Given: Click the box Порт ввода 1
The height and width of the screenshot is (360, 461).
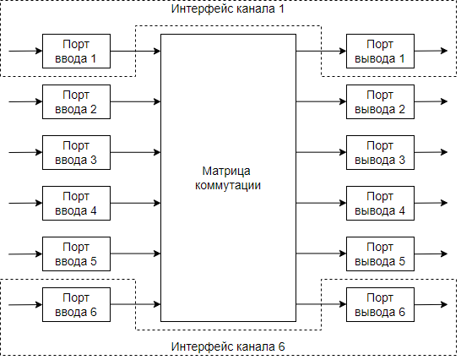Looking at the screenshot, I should [76, 52].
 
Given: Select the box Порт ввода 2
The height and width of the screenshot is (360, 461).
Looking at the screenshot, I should [76, 101].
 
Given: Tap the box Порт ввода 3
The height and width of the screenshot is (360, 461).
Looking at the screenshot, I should [76, 152].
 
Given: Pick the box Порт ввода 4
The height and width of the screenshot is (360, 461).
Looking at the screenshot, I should [76, 203].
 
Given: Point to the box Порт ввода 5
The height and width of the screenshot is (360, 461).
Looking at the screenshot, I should [76, 254].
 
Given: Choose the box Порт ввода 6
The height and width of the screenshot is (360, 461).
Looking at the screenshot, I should [76, 304].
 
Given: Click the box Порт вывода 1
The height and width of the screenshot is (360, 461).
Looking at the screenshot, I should [380, 52].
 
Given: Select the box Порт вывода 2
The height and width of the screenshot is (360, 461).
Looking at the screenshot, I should [380, 101].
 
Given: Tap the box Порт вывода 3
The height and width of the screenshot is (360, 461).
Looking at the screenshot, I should [380, 152].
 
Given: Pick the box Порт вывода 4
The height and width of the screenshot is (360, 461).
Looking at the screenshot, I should [380, 203].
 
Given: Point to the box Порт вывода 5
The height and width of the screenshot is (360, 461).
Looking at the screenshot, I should [380, 254].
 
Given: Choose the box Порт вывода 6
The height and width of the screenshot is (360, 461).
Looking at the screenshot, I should [380, 304].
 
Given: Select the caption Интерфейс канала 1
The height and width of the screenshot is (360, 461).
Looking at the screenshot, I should [229, 8].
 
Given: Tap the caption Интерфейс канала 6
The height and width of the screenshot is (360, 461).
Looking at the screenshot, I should [229, 347].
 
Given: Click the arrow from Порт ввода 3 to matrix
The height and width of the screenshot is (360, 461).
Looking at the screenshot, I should [135, 152].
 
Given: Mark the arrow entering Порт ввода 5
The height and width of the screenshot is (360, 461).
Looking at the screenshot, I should [24, 254].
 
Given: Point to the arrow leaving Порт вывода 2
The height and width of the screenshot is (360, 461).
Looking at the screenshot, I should [431, 101].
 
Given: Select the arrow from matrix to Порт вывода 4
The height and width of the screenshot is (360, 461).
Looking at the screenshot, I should [321, 203].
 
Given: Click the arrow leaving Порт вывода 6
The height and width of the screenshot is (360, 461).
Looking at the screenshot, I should [431, 304].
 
